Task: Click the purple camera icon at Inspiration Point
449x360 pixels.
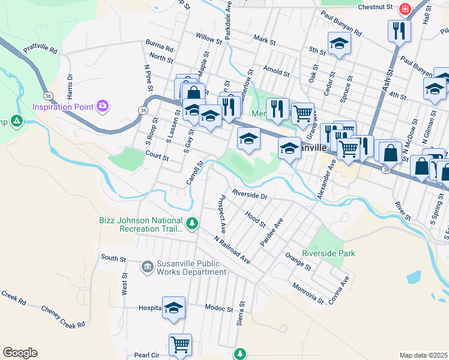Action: coord(103,106)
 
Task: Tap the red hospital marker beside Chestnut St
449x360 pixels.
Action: coord(405,9)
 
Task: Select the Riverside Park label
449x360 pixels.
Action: coord(328,253)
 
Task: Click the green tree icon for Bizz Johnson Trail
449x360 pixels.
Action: coord(191,224)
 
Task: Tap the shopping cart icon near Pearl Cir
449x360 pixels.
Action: coord(180,344)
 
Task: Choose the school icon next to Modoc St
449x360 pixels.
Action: coord(173,307)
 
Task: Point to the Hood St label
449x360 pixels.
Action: coord(255,220)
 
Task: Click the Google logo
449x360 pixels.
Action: coord(20,353)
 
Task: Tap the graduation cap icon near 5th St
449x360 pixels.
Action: coord(339,43)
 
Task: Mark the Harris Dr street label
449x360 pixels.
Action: coord(70,87)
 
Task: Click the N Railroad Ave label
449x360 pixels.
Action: coord(232,249)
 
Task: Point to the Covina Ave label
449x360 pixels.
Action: coord(345,288)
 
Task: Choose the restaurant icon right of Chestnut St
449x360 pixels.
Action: coord(399,30)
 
